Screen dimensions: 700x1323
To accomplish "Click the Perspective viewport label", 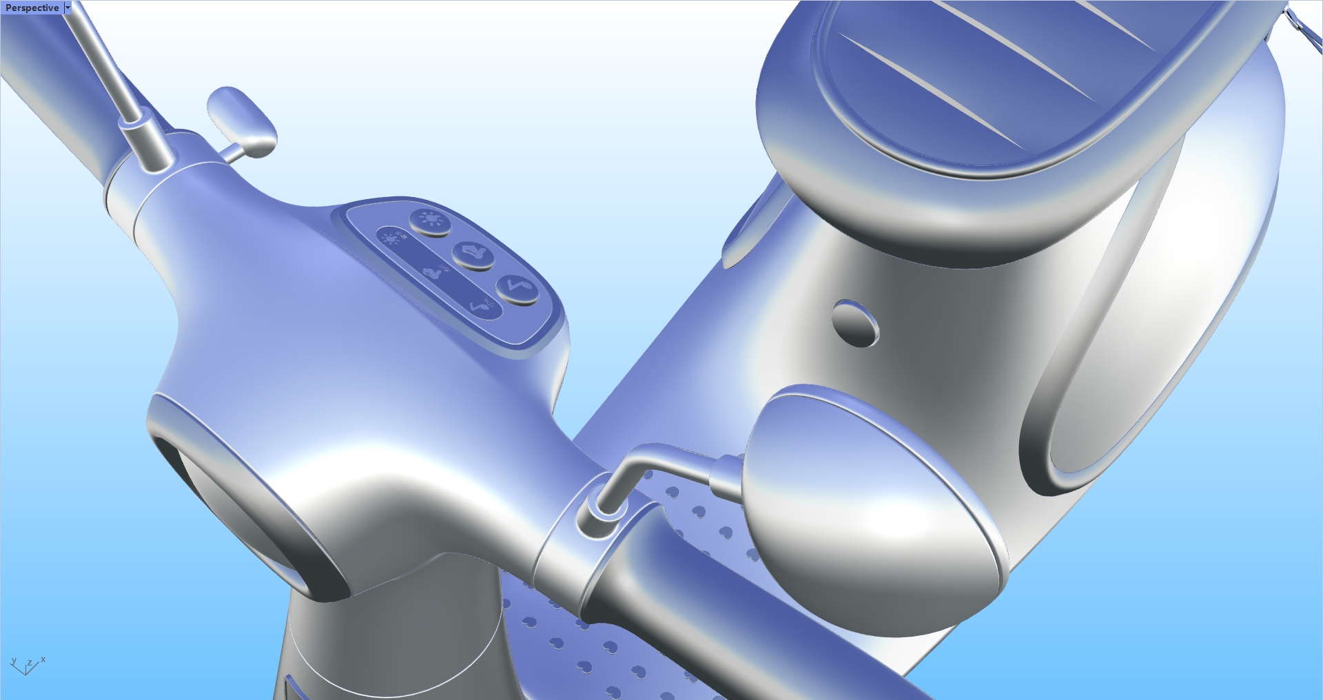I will click(x=32, y=8).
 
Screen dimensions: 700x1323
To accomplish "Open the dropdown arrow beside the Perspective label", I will click(x=68, y=8).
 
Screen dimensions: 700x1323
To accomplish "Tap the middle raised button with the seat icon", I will click(x=473, y=254).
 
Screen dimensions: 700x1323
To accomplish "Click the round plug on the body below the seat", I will click(x=855, y=322).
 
